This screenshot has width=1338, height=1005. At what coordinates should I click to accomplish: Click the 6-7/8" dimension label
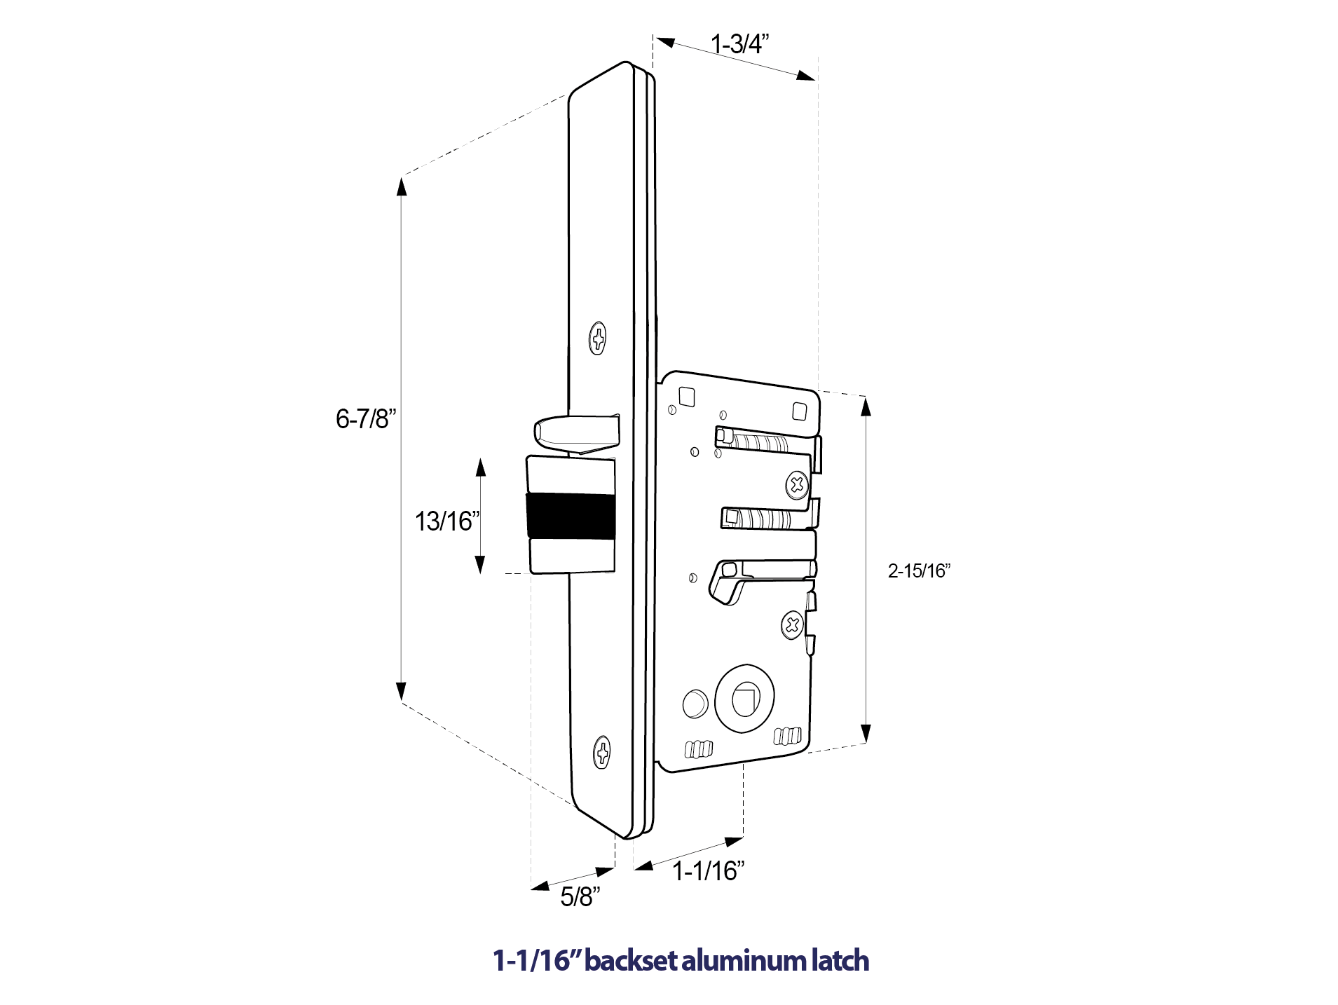(365, 419)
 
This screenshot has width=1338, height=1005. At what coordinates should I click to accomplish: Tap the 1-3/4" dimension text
(739, 44)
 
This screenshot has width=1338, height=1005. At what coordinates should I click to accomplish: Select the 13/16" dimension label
(447, 521)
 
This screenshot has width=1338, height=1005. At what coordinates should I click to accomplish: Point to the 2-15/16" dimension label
(918, 571)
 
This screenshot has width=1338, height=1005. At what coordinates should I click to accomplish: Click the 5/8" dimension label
(580, 896)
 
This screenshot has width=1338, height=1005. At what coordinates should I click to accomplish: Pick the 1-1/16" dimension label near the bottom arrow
(708, 871)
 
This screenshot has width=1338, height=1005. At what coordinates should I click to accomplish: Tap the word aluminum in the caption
(744, 960)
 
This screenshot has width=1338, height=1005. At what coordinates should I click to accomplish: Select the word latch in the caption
(840, 960)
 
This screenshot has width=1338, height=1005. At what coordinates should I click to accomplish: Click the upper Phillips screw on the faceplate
(597, 339)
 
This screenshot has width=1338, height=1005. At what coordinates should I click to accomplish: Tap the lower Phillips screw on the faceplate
(602, 753)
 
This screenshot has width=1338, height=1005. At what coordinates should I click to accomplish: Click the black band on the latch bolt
(570, 516)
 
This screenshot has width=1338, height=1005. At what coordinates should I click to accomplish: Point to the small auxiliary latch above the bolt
(576, 433)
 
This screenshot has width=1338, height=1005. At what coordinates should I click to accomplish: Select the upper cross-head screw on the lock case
(796, 484)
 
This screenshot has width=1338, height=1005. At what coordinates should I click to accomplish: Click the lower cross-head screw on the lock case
(792, 624)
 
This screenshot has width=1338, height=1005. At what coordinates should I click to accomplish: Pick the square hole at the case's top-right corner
(800, 411)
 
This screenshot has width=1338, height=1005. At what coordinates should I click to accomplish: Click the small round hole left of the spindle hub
(695, 704)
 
